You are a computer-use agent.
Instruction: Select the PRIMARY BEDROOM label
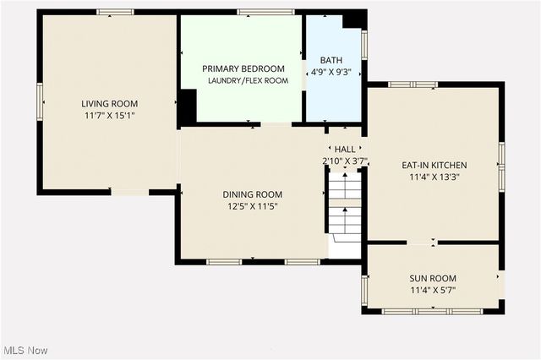coord(243,68)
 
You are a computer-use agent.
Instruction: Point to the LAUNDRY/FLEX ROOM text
coord(249,80)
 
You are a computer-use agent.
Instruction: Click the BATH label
coord(331,60)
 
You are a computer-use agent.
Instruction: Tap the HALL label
coord(345,149)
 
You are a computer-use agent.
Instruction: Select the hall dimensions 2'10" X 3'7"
coord(343,160)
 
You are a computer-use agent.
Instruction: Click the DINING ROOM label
coord(252,194)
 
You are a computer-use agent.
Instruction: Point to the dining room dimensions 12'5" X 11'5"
coord(251,205)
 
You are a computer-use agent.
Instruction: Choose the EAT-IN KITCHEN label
coord(434,166)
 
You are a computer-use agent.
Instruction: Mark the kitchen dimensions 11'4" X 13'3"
coord(434,177)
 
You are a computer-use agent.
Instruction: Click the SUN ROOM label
coord(433,278)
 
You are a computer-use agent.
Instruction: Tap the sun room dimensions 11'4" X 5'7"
coord(433,290)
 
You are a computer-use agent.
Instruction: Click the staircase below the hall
coord(345,208)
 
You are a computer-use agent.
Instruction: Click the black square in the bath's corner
coord(354,19)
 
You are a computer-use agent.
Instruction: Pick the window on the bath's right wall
coord(364,43)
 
